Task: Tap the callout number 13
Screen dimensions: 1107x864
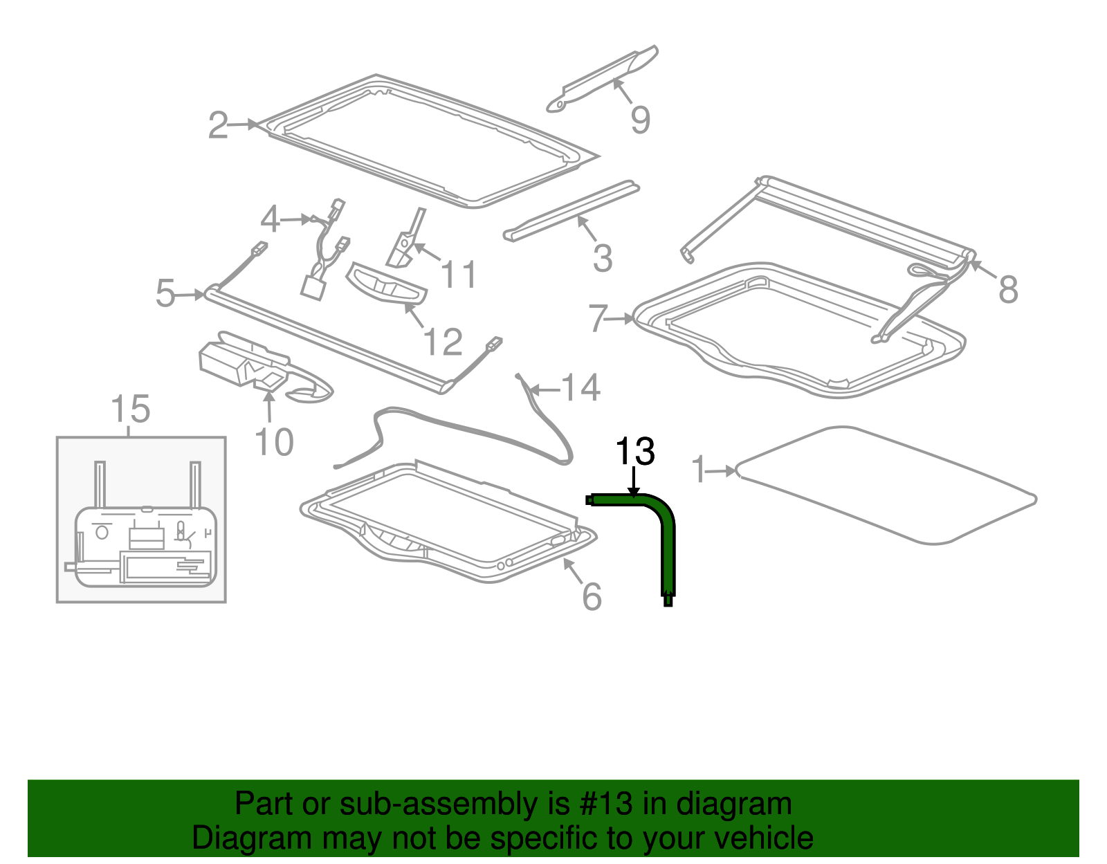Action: (634, 451)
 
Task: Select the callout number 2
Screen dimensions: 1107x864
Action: (218, 125)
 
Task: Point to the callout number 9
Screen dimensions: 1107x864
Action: (641, 120)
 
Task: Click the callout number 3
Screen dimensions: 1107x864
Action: (603, 258)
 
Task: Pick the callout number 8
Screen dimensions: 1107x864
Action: (1008, 289)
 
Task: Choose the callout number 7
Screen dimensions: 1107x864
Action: (598, 318)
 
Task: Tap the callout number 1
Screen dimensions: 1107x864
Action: (699, 470)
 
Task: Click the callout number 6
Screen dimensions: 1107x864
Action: (592, 596)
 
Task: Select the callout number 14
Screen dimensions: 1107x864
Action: (580, 387)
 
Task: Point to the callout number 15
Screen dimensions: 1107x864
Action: (130, 409)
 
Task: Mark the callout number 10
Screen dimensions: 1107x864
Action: (274, 442)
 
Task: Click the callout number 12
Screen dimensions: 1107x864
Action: (443, 342)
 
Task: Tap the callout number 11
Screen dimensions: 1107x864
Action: (459, 275)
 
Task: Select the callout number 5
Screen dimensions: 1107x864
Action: (165, 294)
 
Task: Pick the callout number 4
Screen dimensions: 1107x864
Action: (270, 219)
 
